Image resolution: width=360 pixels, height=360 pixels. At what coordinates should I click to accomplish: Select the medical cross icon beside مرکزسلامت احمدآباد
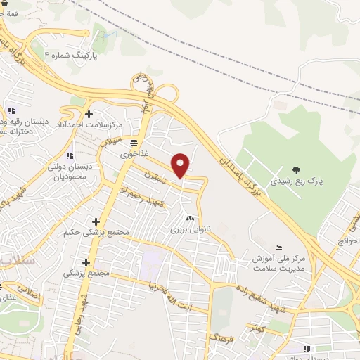tap(89, 114)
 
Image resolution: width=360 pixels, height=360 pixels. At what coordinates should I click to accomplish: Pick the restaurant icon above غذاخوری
tap(134, 143)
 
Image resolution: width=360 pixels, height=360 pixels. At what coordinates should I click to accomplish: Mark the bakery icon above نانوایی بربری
tap(189, 218)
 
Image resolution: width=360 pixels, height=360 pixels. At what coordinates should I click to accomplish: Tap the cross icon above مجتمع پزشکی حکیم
tap(96, 221)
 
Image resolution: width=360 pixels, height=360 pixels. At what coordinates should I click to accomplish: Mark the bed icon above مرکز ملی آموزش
tap(278, 247)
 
